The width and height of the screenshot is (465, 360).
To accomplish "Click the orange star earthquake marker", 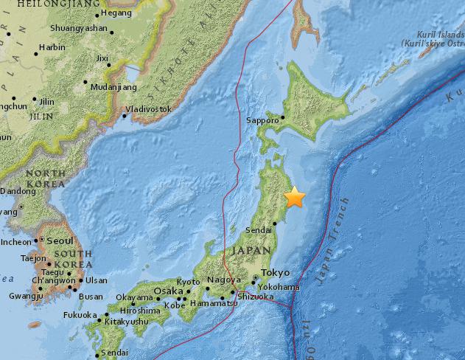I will (295, 198).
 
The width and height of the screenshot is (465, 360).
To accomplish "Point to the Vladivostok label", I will (148, 109).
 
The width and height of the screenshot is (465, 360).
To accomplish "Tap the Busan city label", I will (91, 297).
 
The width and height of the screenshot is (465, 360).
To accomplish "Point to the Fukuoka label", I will (79, 315).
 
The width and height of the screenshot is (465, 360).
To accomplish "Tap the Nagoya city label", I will (223, 280).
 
